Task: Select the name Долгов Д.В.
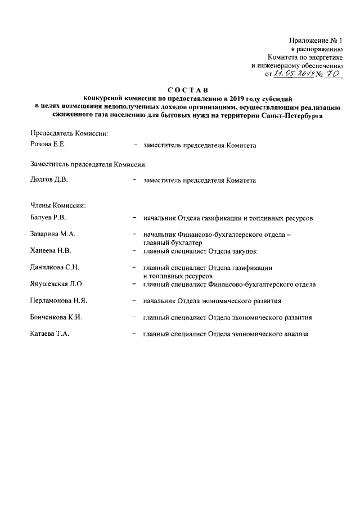48,181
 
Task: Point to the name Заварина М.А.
53,234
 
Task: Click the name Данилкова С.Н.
54,268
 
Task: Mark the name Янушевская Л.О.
56,284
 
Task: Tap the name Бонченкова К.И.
56,317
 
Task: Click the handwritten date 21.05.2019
291,73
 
